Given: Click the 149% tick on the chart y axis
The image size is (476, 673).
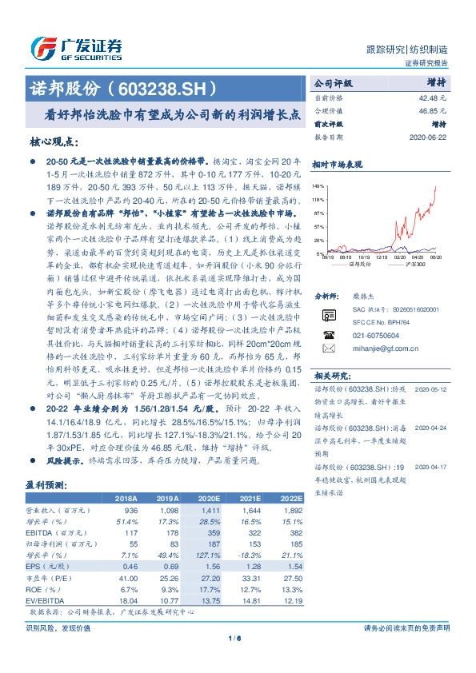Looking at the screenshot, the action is (x=318, y=184).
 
